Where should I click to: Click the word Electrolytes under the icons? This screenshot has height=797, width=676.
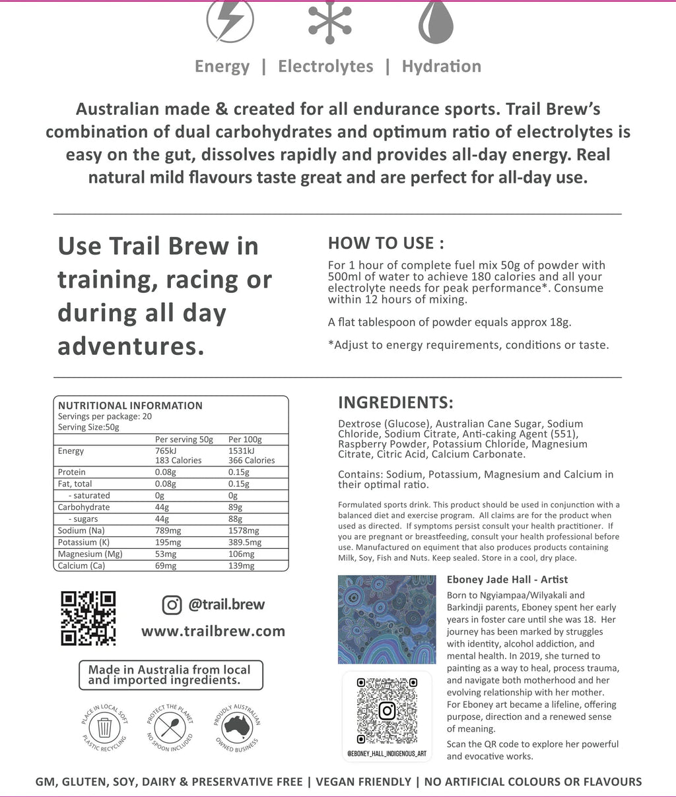pyautogui.click(x=325, y=66)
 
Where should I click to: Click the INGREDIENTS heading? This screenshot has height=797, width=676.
pyautogui.click(x=395, y=402)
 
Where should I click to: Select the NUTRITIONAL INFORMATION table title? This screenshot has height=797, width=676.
pyautogui.click(x=130, y=406)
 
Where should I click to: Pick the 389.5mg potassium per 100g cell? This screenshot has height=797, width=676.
pyautogui.click(x=245, y=542)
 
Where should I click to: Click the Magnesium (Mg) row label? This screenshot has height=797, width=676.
pyautogui.click(x=90, y=554)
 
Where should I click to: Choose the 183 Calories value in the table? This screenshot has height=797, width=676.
pyautogui.click(x=178, y=461)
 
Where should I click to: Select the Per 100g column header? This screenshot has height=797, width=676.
pyautogui.click(x=245, y=439)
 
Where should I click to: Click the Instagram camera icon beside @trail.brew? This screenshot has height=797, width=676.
pyautogui.click(x=172, y=604)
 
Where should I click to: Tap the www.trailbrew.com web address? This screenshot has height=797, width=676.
pyautogui.click(x=213, y=631)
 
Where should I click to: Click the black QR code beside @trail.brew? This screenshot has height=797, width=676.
pyautogui.click(x=88, y=618)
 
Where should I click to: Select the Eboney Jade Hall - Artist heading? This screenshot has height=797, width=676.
pyautogui.click(x=507, y=579)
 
